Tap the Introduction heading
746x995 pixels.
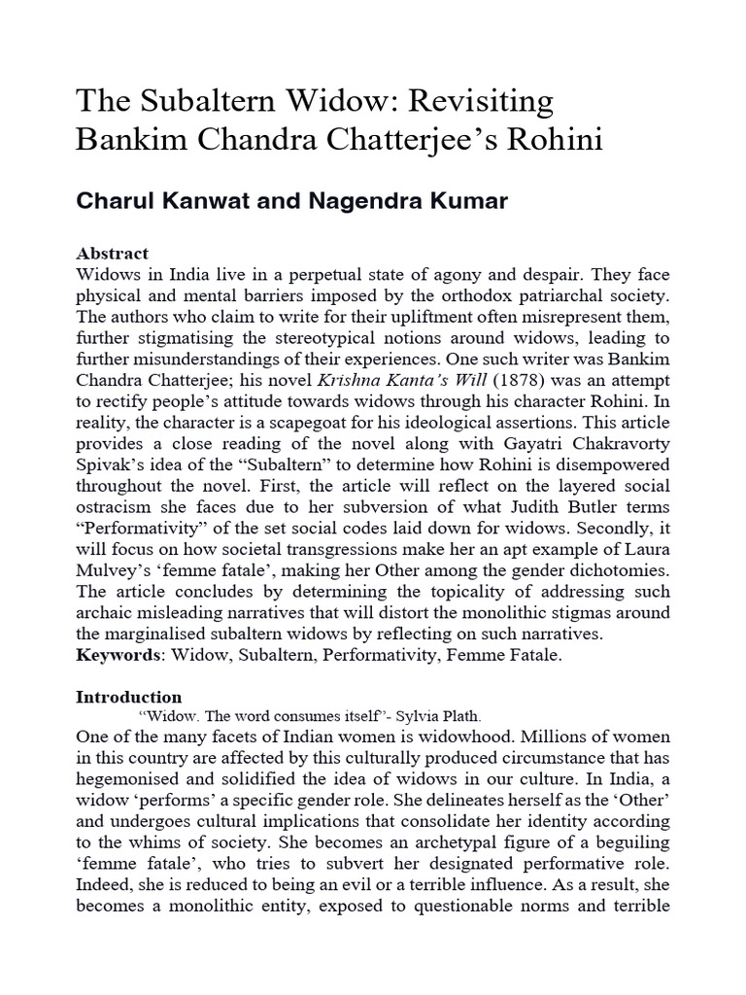(x=128, y=697)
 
